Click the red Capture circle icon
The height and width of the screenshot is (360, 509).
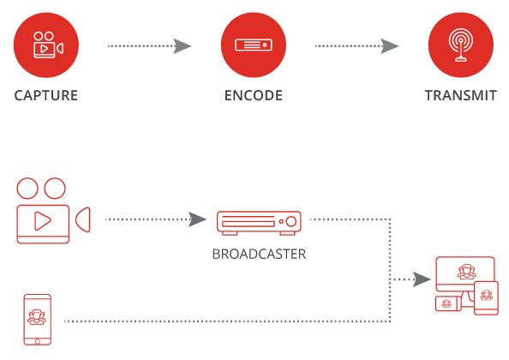pyautogui.click(x=46, y=45)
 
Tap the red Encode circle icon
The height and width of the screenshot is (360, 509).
pyautogui.click(x=254, y=45)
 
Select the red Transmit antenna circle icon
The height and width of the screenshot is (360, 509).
pyautogui.click(x=461, y=45)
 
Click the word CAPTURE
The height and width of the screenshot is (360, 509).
pyautogui.click(x=46, y=95)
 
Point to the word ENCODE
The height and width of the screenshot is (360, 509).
pyautogui.click(x=254, y=95)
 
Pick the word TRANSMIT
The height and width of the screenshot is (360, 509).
pyautogui.click(x=461, y=95)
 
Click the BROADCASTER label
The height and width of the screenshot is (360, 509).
pyautogui.click(x=259, y=255)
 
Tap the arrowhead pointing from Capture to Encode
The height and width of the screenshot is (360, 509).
pyautogui.click(x=183, y=46)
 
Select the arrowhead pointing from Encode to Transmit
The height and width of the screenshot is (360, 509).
pyautogui.click(x=390, y=46)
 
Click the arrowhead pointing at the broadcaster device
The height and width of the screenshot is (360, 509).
pyautogui.click(x=197, y=219)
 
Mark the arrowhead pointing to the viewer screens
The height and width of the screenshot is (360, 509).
pyautogui.click(x=422, y=279)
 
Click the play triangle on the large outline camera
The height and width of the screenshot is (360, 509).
pyautogui.click(x=43, y=221)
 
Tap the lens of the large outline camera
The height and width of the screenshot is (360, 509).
pyautogui.click(x=83, y=219)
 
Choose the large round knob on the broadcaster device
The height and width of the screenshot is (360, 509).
pyautogui.click(x=290, y=221)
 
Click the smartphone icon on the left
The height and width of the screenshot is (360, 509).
pyautogui.click(x=38, y=320)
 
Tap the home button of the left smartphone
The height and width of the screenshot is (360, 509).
pyautogui.click(x=38, y=341)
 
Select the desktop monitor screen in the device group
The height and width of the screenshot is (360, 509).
pyautogui.click(x=465, y=273)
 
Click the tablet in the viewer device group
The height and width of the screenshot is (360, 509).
pyautogui.click(x=486, y=298)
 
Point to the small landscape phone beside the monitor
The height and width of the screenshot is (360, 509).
pyautogui.click(x=448, y=303)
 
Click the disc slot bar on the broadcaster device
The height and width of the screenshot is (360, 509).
pyautogui.click(x=249, y=224)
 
